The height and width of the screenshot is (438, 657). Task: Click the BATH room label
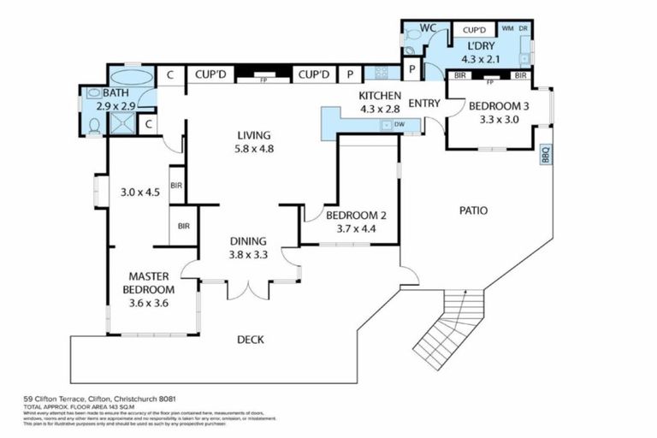(x=115, y=92)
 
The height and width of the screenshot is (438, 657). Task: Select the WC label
(x=429, y=28)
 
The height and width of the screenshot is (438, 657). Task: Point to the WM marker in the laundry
(x=507, y=29)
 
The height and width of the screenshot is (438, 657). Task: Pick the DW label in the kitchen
(x=400, y=125)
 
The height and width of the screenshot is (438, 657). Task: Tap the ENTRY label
(x=424, y=104)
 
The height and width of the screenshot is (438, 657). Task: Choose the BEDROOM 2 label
(x=346, y=215)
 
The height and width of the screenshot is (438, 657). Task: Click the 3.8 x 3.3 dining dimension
(x=247, y=254)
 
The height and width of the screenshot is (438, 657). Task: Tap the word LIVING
(x=254, y=135)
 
